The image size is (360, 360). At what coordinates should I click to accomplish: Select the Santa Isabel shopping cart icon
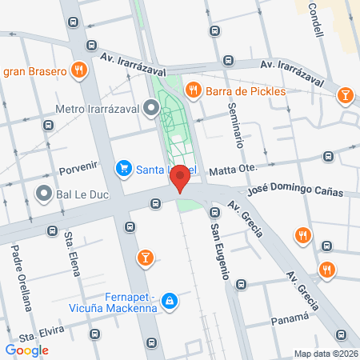click(x=123, y=168)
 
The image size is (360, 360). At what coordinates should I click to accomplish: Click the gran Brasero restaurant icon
click(x=78, y=70)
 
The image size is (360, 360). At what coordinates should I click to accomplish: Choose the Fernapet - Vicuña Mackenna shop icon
click(x=169, y=301)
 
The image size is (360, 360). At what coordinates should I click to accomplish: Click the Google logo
click(x=26, y=350)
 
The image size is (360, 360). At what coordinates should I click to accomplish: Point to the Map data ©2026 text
click(x=325, y=354)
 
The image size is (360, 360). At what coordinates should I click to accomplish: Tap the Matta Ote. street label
click(x=232, y=170)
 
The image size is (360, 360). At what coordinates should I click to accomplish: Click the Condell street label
click(x=317, y=21)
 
